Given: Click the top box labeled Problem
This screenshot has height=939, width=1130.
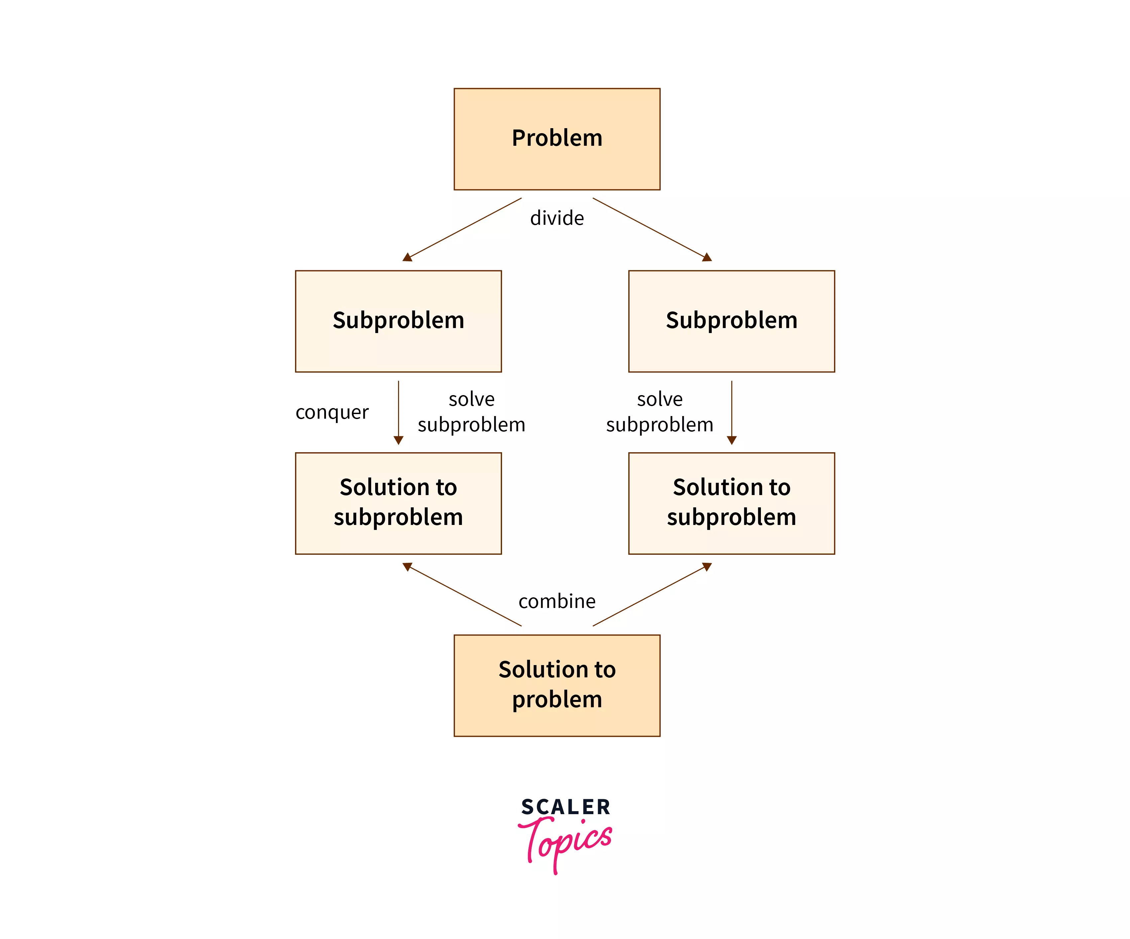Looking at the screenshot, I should point(557,139).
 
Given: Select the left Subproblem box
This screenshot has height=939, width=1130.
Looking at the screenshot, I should point(398,321).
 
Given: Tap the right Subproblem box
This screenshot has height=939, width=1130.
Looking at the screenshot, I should point(731,321).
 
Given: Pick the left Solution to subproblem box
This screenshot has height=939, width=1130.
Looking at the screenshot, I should point(398,503).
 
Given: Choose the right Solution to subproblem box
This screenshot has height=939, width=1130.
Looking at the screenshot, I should point(731,503).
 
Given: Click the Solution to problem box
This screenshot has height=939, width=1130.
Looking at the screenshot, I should point(557,685).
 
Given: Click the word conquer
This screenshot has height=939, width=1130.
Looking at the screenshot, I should point(332,412).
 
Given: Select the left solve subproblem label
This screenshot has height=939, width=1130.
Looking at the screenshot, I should point(471,412).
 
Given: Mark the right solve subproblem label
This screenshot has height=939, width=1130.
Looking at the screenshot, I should point(660,412).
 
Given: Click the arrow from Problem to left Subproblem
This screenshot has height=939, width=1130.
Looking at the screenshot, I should point(463,229).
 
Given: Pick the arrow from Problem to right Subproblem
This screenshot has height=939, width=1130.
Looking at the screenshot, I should point(652,229).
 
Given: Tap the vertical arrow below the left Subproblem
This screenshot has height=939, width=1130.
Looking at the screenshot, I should point(398,411).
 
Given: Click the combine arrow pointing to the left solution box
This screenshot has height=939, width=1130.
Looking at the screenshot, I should point(463,594).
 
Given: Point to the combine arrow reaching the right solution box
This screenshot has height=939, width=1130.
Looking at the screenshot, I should point(652,594).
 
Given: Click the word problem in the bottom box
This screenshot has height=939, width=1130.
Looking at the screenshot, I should point(557,700).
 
